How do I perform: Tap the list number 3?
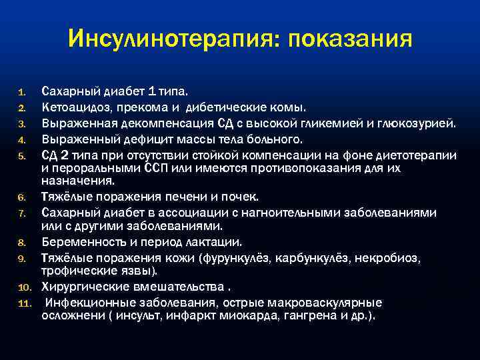[21, 123]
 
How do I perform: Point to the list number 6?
[21, 198]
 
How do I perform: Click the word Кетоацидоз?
[74, 107]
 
